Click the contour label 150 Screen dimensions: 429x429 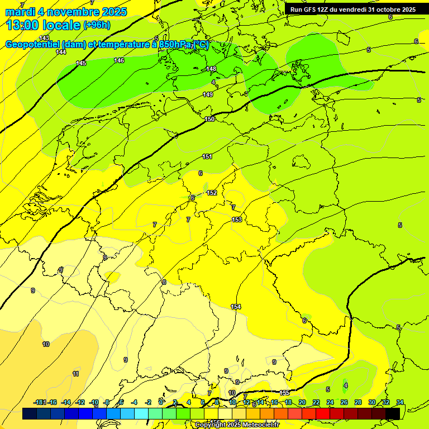[209, 119]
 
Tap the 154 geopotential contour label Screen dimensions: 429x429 [236, 307]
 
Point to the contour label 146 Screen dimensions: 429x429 [119, 60]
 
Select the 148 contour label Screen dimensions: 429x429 [211, 69]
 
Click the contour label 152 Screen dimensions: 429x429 [212, 193]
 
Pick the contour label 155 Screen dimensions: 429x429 [285, 393]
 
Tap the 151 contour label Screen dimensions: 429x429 [207, 157]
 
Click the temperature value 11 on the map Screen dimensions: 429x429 [75, 374]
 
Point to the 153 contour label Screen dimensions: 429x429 [237, 220]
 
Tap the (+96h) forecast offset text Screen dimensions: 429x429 [97, 25]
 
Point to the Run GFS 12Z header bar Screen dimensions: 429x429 [352, 9]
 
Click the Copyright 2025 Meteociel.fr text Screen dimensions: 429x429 [237, 425]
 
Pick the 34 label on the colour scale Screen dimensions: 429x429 [399, 402]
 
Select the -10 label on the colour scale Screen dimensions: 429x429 [93, 402]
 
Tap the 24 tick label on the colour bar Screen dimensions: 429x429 [330, 402]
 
